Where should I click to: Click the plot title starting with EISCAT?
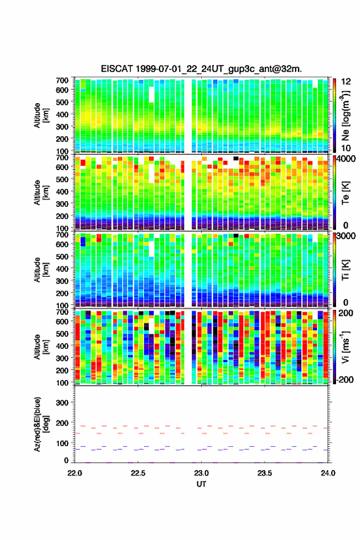click(201, 69)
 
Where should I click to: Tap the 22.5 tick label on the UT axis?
click(138, 473)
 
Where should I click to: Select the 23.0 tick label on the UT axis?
click(201, 473)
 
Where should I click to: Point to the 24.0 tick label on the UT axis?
click(328, 473)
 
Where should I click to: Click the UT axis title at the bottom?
click(201, 484)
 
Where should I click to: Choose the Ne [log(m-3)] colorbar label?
click(345, 115)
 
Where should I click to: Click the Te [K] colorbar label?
click(345, 193)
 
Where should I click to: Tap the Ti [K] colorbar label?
click(345, 270)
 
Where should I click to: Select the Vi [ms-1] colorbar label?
click(345, 346)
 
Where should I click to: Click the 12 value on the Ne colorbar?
click(346, 82)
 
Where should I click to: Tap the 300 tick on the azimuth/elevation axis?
click(62, 403)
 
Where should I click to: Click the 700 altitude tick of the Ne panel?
click(62, 80)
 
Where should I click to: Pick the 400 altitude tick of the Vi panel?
click(62, 345)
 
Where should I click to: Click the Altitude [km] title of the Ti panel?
click(42, 270)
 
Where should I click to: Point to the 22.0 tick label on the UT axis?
click(75, 473)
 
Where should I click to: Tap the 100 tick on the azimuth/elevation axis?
click(62, 443)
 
